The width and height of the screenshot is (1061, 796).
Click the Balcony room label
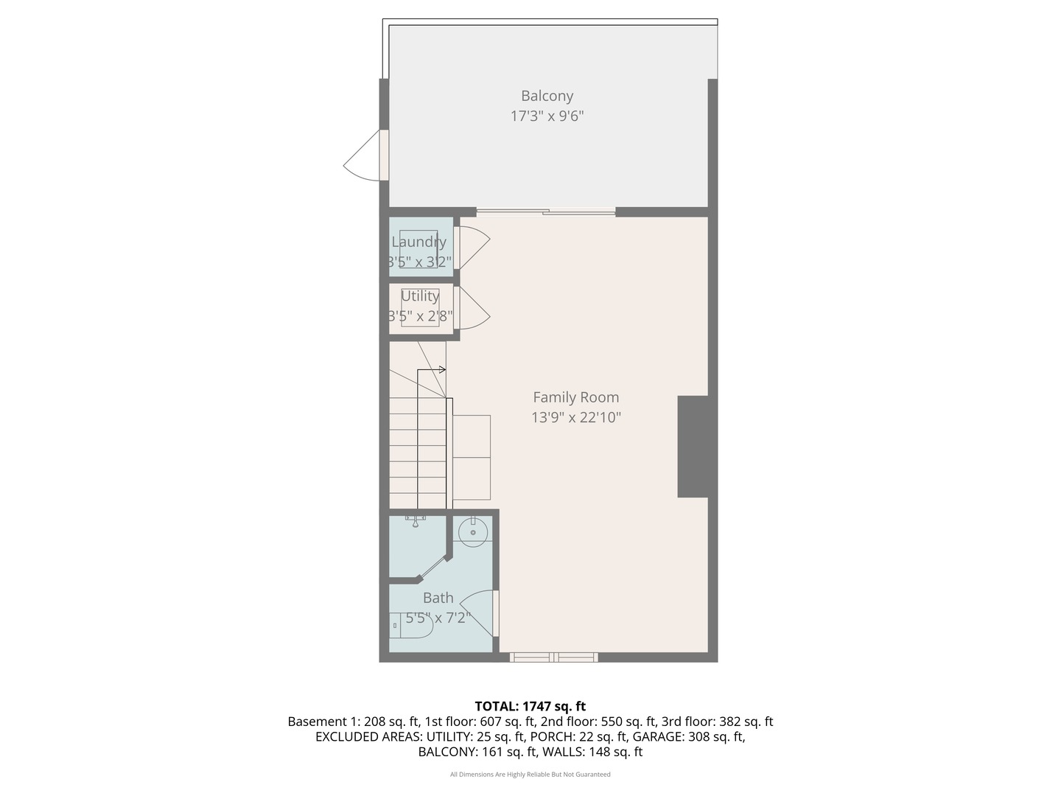pos(547,96)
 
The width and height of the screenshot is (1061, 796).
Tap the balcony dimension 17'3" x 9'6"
pos(547,116)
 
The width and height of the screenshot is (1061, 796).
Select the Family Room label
pos(575,397)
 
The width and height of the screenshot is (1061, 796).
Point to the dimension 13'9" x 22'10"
pos(575,418)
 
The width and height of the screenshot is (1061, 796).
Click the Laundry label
pos(419,242)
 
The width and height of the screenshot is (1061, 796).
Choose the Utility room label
pos(420,296)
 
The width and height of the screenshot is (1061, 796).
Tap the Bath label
pos(438,598)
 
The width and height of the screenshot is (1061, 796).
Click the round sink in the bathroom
pos(472,531)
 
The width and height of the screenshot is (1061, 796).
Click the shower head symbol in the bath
pos(416,521)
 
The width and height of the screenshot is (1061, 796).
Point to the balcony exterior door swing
pos(363,156)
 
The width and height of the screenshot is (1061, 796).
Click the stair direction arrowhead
pos(442,369)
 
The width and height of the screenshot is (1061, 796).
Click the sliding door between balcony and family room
pos(545,213)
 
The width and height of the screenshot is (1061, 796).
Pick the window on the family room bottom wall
pos(553,657)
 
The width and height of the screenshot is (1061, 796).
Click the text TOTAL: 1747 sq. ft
pos(530,706)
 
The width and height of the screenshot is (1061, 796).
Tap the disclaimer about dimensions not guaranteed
pos(530,774)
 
